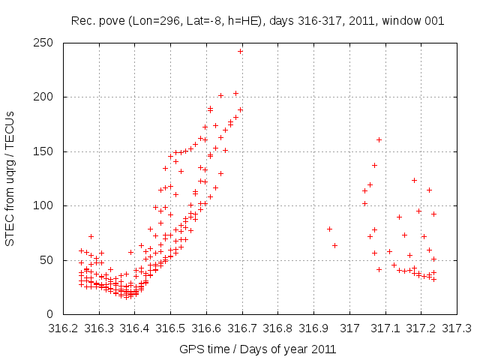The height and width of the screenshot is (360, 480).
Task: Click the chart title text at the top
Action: coord(257,21)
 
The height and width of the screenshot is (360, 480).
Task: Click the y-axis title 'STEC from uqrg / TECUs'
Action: coord(10,178)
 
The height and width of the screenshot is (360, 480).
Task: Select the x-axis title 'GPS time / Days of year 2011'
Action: coord(257,349)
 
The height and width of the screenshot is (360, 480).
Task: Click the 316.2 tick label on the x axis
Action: coord(64,328)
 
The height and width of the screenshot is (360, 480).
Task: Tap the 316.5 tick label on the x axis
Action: coord(171,328)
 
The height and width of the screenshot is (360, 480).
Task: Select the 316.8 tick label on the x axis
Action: coord(278,328)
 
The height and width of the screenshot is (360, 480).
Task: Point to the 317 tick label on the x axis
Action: coord(349,328)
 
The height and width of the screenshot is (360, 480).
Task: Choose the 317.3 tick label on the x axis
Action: coord(457,328)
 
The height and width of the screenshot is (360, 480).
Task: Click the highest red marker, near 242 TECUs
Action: coord(241,51)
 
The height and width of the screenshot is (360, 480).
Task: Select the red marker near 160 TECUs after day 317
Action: coord(379,139)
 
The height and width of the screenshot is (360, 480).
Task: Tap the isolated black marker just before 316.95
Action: coord(328,229)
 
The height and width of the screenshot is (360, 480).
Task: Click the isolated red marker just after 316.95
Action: coord(334,245)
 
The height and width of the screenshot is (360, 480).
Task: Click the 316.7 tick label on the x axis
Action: coord(242,328)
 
